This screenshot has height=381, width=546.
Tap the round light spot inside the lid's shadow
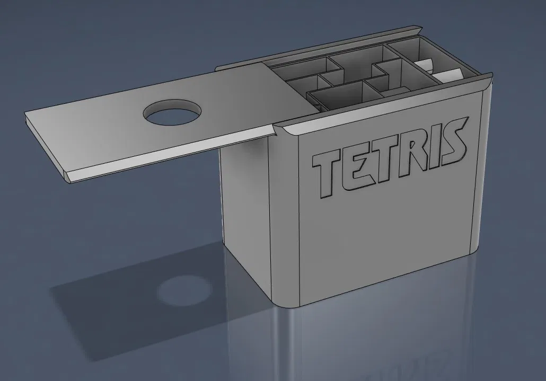184,291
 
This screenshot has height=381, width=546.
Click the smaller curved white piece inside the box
422,65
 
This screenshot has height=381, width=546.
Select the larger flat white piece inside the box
447,75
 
